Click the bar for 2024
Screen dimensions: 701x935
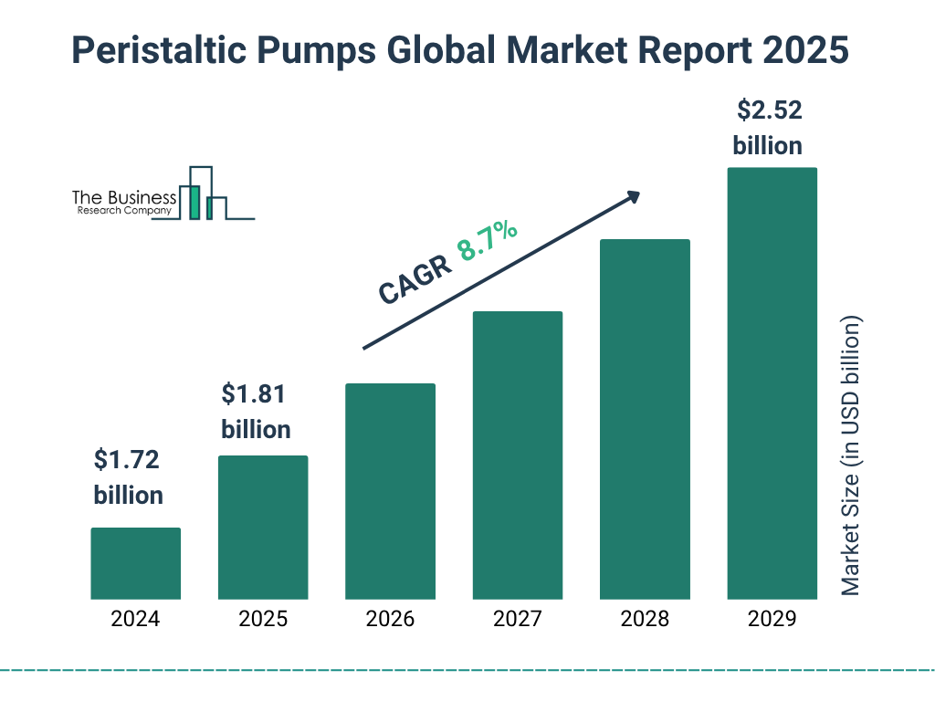135,563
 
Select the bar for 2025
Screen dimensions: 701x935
263,527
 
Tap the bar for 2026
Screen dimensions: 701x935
390,491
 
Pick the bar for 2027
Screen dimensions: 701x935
517,455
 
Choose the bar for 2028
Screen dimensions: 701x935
645,419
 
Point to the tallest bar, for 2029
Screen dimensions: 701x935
772,383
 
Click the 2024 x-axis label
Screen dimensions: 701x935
135,619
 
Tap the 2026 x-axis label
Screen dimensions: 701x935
390,619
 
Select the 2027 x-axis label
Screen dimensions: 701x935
517,619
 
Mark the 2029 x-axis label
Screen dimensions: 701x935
772,619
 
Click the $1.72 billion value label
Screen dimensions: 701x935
128,477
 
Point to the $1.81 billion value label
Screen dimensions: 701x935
256,412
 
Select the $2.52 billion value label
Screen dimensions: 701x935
768,128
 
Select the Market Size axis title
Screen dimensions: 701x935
851,456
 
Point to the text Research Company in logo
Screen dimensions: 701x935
124,211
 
